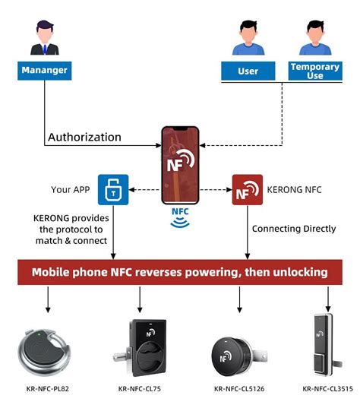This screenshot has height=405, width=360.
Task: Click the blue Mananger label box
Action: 44,71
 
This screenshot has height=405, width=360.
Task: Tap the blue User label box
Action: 248,71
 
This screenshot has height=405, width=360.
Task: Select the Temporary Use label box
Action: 314,71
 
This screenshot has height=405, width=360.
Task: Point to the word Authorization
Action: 84,138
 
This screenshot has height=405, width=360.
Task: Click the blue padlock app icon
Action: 113,190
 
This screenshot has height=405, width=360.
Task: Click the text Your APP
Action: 72,190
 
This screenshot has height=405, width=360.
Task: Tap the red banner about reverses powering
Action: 179,271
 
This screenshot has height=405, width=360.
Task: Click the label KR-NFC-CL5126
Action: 240,390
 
